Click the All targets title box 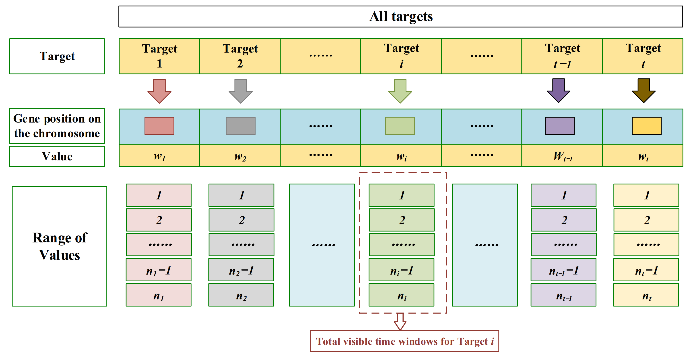pyautogui.click(x=401, y=16)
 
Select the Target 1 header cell pyautogui.click(x=159, y=56)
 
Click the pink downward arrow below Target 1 pyautogui.click(x=159, y=91)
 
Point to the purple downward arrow pyautogui.click(x=559, y=90)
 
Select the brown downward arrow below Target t pyautogui.click(x=643, y=90)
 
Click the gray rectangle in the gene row pyautogui.click(x=241, y=126)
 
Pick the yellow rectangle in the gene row pyautogui.click(x=646, y=126)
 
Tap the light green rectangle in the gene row pyautogui.click(x=400, y=126)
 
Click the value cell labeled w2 pyautogui.click(x=240, y=156)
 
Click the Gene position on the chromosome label pyautogui.click(x=57, y=126)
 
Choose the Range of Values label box pyautogui.click(x=60, y=246)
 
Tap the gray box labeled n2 pyautogui.click(x=241, y=295)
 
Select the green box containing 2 pyautogui.click(x=401, y=220)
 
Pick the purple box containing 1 pyautogui.click(x=564, y=195)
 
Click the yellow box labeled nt pyautogui.click(x=646, y=295)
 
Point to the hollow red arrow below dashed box pyautogui.click(x=400, y=321)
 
